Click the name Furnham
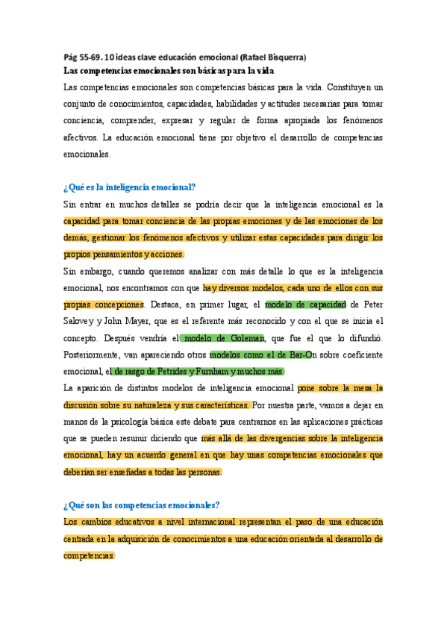pos(216,372)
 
